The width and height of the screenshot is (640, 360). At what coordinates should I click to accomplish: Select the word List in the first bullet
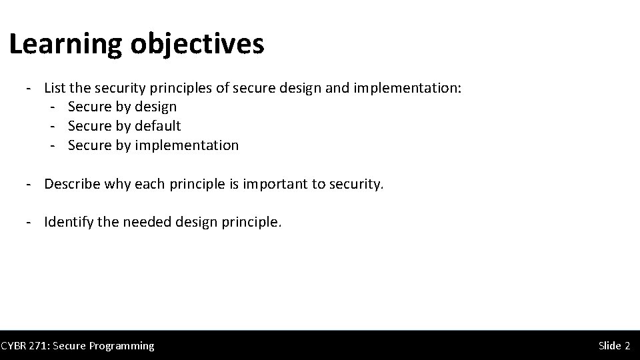55,87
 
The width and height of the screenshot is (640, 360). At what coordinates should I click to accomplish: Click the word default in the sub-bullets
157,126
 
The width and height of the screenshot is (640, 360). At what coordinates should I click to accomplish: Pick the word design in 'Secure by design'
155,107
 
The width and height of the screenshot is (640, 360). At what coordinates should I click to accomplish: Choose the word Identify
69,222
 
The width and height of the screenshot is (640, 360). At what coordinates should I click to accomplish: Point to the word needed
147,222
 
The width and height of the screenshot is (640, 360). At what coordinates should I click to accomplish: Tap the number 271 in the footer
39,345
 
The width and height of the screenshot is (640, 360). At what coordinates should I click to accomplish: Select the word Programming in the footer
123,345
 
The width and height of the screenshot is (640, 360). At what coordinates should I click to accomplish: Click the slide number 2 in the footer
627,345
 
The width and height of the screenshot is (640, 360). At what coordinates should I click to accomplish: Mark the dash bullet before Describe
30,184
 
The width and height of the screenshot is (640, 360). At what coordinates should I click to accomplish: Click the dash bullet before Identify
30,222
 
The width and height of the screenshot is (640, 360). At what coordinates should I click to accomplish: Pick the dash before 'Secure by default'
53,126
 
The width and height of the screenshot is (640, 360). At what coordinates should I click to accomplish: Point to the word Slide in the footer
609,345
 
